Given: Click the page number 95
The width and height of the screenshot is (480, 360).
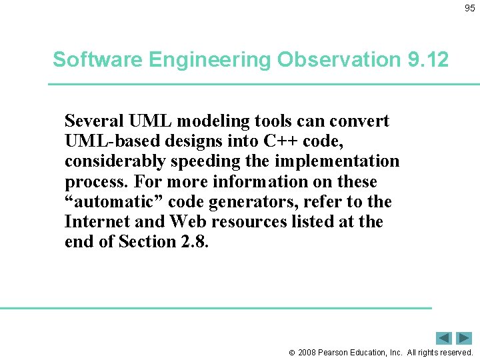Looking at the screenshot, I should pos(469,8).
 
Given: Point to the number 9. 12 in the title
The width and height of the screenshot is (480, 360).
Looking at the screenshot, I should pos(427,60).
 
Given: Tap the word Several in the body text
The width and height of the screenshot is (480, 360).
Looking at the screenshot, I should pos(93,121).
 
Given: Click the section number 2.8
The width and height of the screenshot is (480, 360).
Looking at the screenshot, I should pos(194,241).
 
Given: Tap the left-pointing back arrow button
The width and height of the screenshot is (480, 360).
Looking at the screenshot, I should pos(444,338).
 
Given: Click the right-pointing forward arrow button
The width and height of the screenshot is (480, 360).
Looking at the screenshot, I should pos(464,338).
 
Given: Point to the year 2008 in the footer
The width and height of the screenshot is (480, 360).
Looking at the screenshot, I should pos(309,352).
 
